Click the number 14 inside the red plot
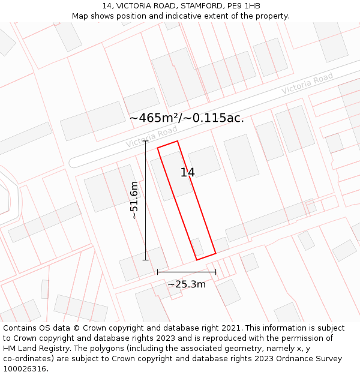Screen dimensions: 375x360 pos(187,173)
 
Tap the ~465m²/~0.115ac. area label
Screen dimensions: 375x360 pos(187,118)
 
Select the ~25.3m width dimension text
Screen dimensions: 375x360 pos(187,284)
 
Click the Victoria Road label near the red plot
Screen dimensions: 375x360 pos(151,138)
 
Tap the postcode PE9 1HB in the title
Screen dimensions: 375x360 pos(244,5)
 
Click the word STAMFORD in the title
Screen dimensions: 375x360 pos(188,5)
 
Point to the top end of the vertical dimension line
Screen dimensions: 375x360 pos(145,141)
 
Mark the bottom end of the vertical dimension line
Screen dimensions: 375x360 pos(145,260)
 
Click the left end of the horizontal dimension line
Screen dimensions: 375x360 pos(157,272)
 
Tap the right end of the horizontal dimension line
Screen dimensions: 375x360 pos(216,272)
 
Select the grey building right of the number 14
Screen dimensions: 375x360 pos(204,161)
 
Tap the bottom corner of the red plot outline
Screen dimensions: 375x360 pos(197,260)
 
